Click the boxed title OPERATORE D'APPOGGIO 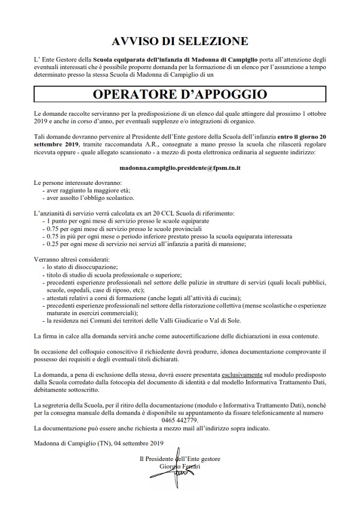pos(180,95)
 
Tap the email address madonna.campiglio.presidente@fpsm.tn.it pos(180,169)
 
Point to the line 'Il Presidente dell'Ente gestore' pos(179,459)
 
